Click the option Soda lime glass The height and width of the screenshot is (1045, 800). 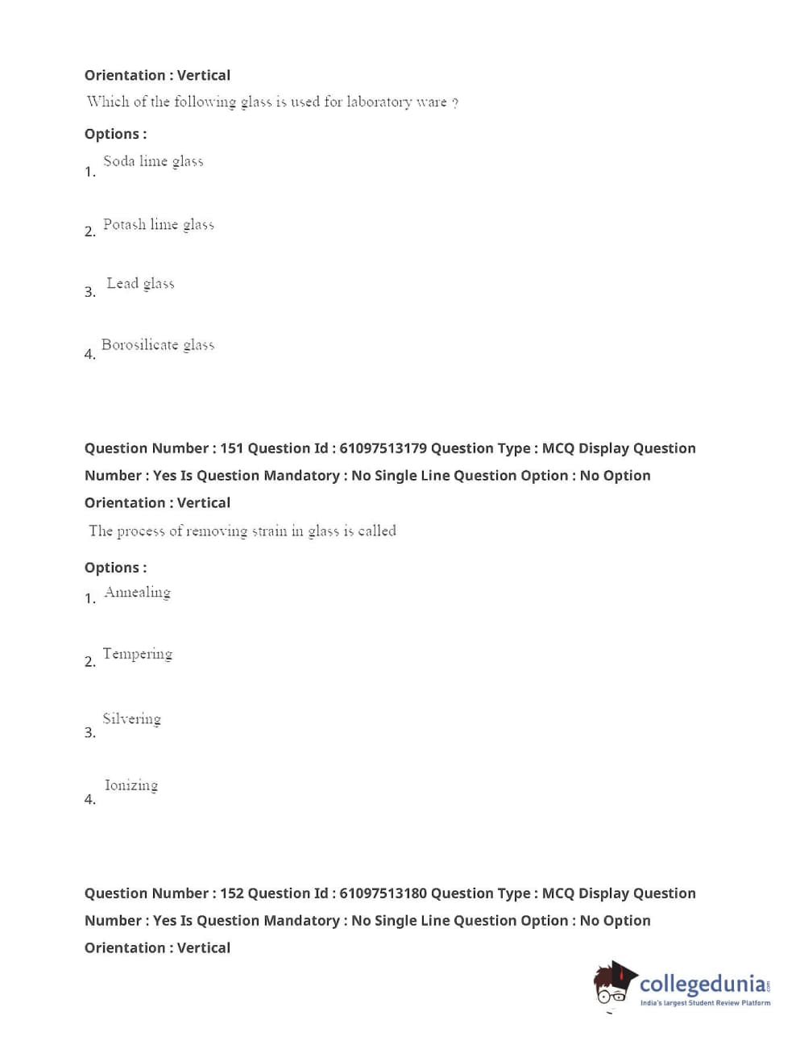pyautogui.click(x=153, y=161)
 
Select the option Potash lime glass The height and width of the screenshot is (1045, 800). pyautogui.click(x=158, y=224)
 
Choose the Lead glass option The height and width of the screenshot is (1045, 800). pyautogui.click(x=140, y=283)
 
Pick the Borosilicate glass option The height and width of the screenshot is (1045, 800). pyautogui.click(x=158, y=345)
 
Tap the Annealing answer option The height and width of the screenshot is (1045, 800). pyautogui.click(x=137, y=593)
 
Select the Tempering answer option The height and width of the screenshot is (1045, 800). pyautogui.click(x=137, y=654)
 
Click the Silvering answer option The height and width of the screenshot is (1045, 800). pyautogui.click(x=131, y=718)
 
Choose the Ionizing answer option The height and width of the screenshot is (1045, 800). pyautogui.click(x=131, y=785)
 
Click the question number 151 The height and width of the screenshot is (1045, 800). pyautogui.click(x=231, y=448)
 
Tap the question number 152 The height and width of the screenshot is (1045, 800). pyautogui.click(x=231, y=893)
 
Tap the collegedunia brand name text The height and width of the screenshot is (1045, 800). pyautogui.click(x=703, y=984)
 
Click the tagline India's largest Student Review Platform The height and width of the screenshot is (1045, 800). pyautogui.click(x=705, y=1003)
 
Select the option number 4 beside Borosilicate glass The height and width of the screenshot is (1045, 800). pyautogui.click(x=89, y=354)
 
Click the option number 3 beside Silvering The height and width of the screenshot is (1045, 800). pyautogui.click(x=89, y=732)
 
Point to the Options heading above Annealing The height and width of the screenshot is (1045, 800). pyautogui.click(x=115, y=568)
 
